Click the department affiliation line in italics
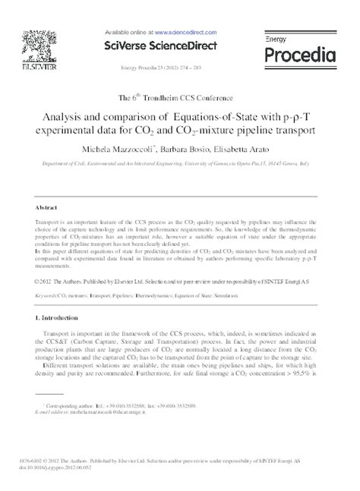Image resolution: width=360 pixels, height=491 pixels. [180, 163]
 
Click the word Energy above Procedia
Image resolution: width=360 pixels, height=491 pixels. [276, 37]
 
